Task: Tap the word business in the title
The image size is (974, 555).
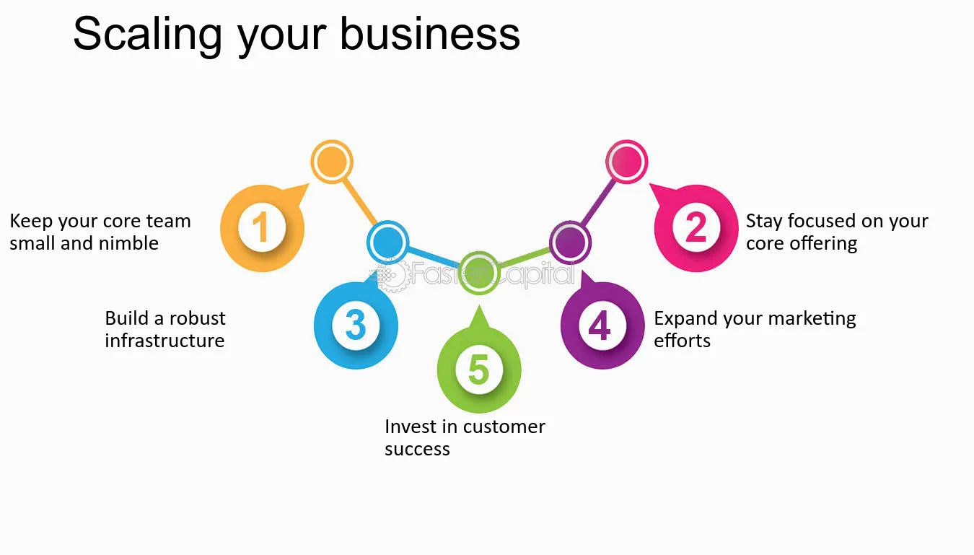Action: click(x=429, y=33)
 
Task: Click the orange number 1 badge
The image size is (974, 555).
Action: click(x=262, y=227)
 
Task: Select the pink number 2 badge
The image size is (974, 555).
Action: click(x=696, y=227)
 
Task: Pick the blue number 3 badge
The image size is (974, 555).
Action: click(x=356, y=325)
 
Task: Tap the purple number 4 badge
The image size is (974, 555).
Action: click(x=602, y=325)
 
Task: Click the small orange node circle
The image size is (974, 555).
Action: click(x=332, y=162)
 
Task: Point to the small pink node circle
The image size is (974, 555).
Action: click(x=626, y=162)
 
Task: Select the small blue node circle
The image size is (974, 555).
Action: click(x=387, y=242)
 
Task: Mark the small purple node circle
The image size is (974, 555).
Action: click(x=570, y=242)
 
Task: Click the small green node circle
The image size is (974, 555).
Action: click(x=479, y=273)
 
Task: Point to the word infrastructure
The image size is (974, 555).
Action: click(x=164, y=341)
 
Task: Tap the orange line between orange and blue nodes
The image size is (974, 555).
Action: click(x=360, y=202)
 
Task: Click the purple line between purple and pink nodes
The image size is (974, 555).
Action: click(x=598, y=202)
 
